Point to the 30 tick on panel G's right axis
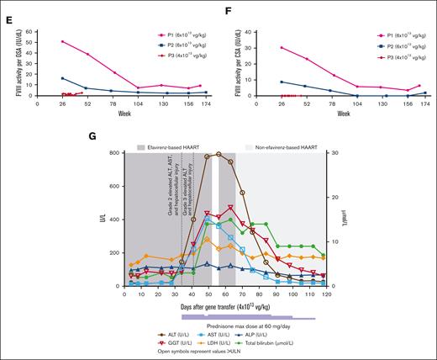coord(337,154)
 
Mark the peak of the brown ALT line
coord(218,154)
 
